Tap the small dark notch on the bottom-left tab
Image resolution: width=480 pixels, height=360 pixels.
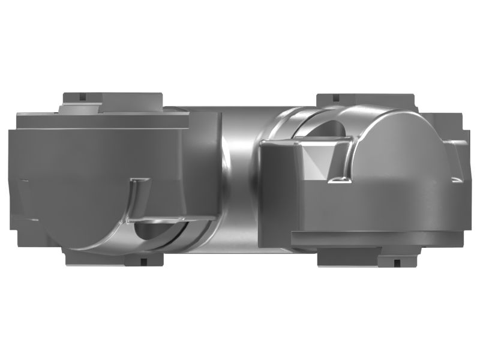pos(143,261)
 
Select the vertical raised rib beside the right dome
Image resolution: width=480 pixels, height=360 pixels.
pos(346,159)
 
